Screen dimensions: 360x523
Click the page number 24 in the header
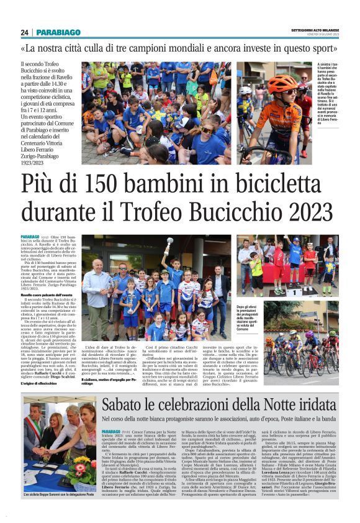point(25,32)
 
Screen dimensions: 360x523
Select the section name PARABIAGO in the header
point(58,32)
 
